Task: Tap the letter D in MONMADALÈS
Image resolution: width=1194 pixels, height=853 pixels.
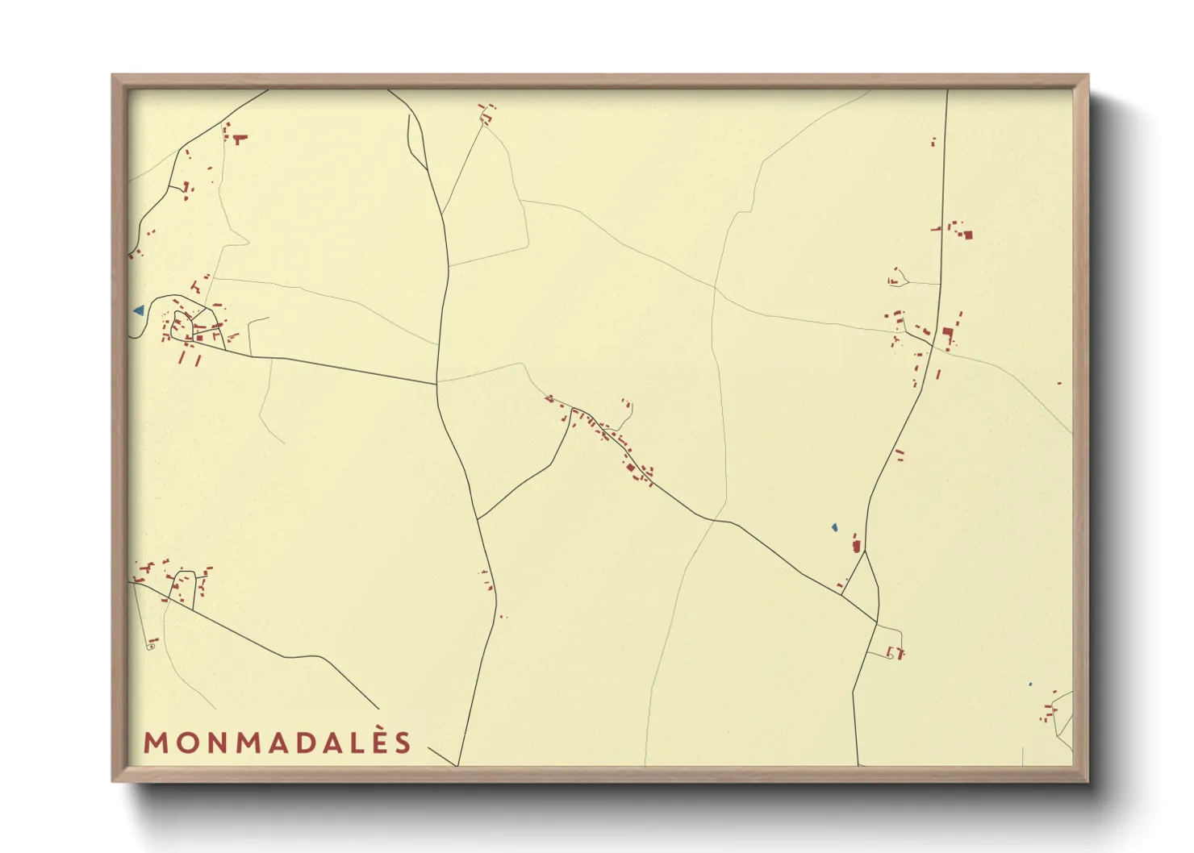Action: coord(302,743)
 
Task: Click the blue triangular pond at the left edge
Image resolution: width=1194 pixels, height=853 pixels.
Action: coord(140,310)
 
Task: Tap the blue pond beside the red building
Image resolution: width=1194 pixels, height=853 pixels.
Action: coord(834,527)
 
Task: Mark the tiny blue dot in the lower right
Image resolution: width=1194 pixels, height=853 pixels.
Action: coord(1029,684)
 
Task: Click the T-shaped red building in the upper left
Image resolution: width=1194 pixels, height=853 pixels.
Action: coord(239,139)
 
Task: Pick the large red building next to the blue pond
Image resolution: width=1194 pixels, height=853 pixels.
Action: coord(856,546)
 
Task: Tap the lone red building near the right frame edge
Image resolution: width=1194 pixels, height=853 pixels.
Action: coord(1059,383)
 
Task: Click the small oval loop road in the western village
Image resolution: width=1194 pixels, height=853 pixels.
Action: coord(182,325)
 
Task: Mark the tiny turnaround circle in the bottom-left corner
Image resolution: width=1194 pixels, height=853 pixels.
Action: coord(150,647)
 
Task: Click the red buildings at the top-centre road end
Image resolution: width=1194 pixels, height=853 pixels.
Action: coord(486,114)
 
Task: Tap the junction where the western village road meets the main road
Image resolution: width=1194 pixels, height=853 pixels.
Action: coord(436,385)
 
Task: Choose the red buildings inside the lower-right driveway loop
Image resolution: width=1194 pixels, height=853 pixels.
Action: coord(896,652)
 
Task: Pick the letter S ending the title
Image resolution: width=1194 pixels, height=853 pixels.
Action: coord(404,743)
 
